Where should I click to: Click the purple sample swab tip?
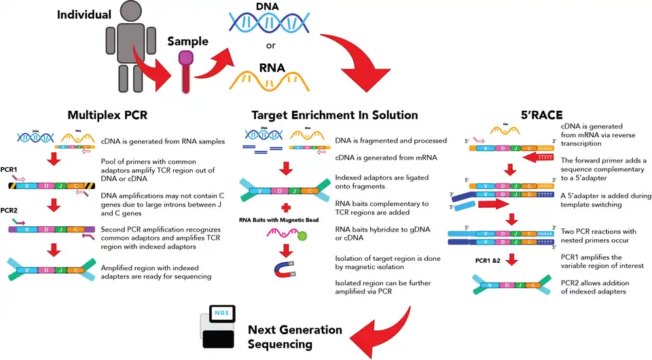(x=185, y=59)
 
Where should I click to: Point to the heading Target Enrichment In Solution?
(x=334, y=115)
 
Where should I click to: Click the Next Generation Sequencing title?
(x=295, y=337)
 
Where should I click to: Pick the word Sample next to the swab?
(x=188, y=42)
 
